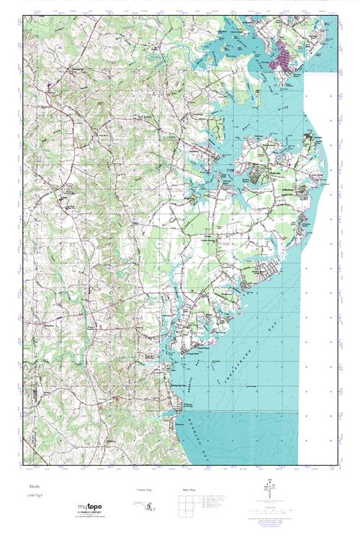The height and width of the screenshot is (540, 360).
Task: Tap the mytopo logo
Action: click(x=89, y=508)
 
